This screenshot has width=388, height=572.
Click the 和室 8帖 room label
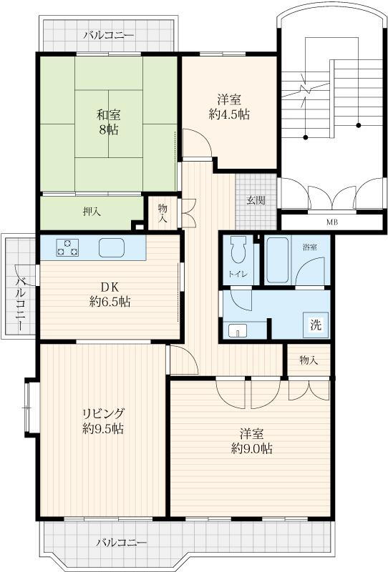tap(109, 122)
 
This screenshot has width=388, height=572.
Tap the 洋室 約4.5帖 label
tap(230, 107)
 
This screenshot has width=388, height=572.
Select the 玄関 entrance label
tap(256, 200)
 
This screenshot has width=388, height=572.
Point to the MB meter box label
tap(331, 222)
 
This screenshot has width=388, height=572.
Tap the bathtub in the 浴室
tap(278, 260)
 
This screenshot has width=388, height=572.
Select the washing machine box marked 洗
tap(316, 325)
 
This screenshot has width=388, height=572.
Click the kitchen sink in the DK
tap(112, 247)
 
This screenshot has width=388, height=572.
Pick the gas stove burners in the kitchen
tap(67, 247)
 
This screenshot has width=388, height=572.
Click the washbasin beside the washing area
tap(238, 331)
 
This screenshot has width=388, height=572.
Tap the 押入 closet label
tap(92, 212)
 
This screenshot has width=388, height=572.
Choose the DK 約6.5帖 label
tap(110, 295)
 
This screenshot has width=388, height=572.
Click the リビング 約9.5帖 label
tap(103, 421)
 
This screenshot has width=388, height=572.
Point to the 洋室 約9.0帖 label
tap(252, 441)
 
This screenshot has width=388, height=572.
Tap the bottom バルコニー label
tap(121, 543)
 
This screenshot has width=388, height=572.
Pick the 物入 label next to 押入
tap(163, 213)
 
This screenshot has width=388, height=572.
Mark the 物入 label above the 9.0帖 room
tap(309, 360)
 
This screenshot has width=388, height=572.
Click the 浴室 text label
tap(309, 247)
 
